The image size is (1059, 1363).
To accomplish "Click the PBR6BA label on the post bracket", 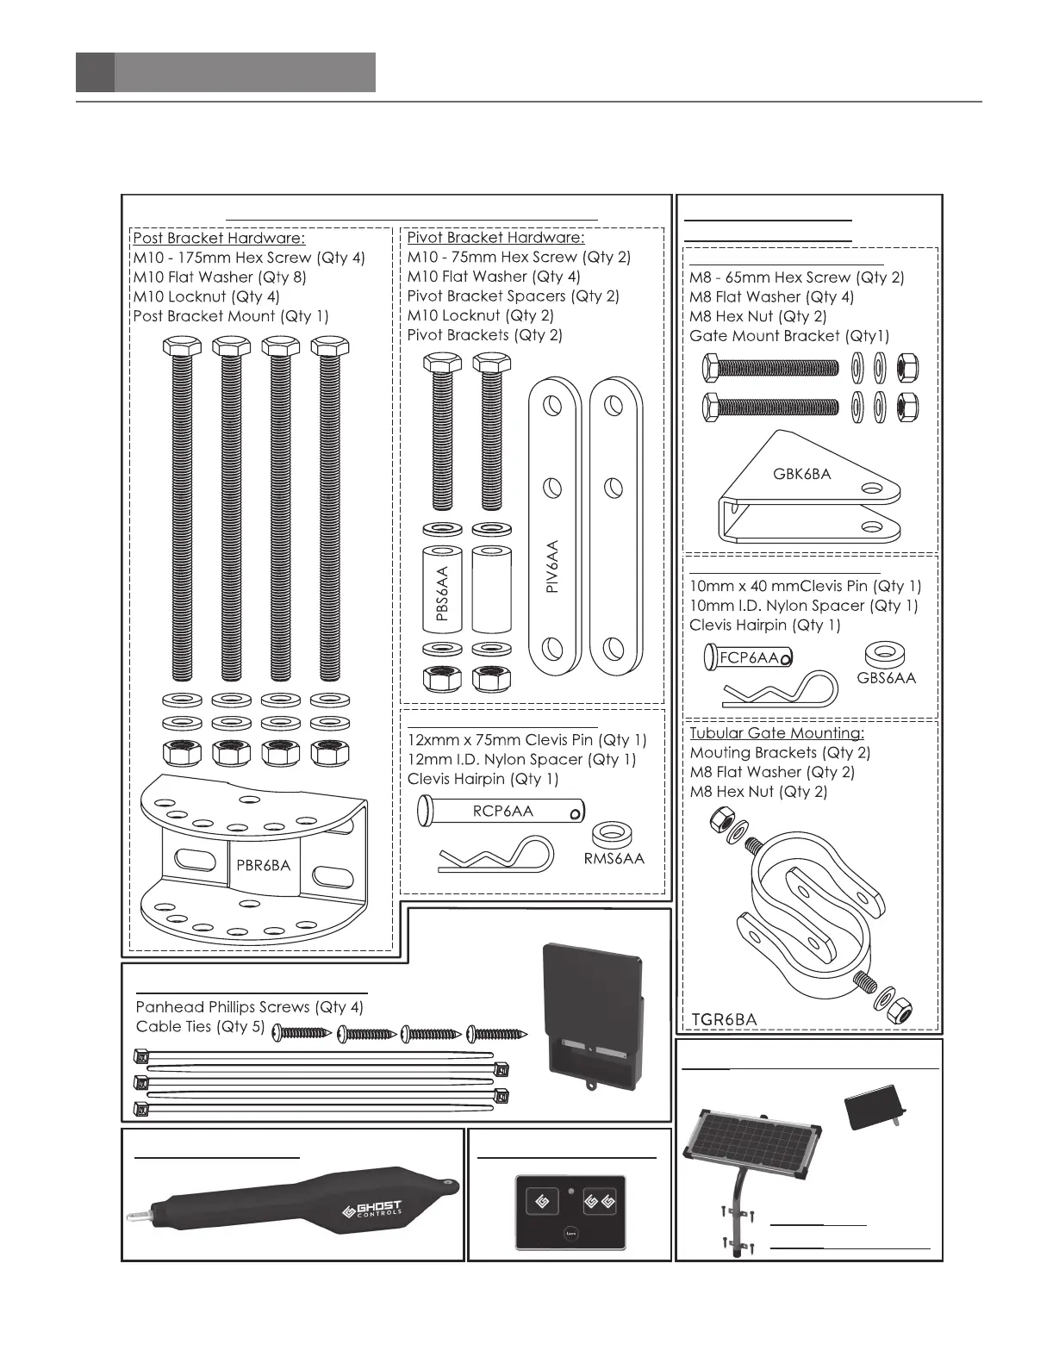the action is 264,865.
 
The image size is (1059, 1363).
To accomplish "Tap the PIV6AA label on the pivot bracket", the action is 553,566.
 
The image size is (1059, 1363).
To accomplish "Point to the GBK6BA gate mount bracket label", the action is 801,473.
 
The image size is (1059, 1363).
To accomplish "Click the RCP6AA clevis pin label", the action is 503,811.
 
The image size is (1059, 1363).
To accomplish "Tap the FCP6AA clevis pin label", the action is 749,658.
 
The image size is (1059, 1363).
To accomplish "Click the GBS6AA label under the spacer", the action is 887,678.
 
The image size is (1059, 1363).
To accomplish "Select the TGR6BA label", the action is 725,1019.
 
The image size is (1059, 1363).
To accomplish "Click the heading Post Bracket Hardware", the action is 219,238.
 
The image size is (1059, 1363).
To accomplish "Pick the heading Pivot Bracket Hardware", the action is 495,237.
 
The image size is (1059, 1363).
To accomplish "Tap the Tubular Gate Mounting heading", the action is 776,733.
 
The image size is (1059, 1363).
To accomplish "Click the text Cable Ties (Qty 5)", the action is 200,1027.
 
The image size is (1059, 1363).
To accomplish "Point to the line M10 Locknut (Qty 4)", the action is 206,296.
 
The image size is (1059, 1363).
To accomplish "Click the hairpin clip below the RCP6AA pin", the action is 491,856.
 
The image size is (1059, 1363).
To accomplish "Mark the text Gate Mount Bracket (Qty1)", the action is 789,336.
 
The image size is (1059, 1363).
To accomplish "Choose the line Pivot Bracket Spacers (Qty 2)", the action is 513,296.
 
